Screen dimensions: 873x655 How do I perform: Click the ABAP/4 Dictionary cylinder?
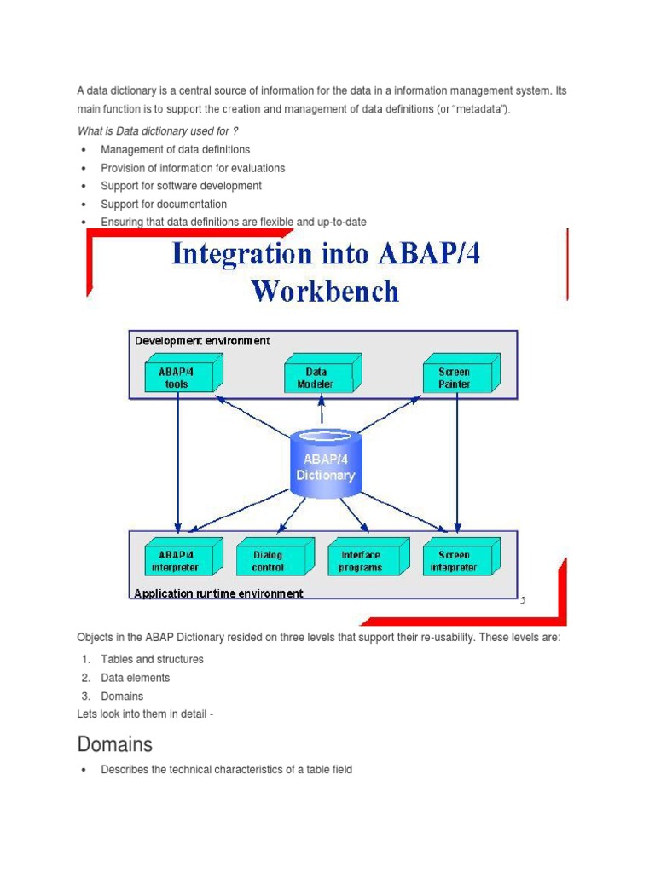click(325, 465)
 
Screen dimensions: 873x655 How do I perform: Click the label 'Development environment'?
click(202, 341)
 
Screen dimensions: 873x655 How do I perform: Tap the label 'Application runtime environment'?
click(218, 593)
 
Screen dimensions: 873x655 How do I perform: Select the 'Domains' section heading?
click(114, 744)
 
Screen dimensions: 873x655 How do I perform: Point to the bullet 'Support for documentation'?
click(164, 205)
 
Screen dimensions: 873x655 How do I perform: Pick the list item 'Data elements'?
click(135, 678)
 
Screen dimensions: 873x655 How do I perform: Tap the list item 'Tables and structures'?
click(152, 659)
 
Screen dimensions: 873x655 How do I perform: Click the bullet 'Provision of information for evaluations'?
click(193, 168)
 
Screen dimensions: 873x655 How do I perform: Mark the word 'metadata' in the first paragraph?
click(477, 109)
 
